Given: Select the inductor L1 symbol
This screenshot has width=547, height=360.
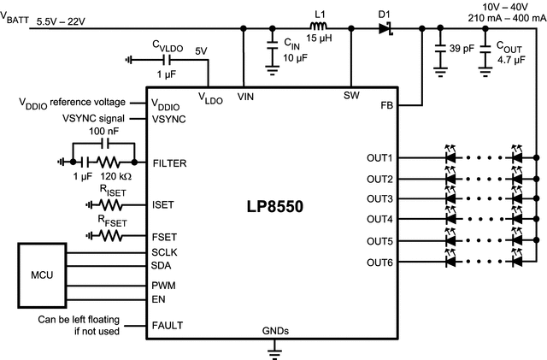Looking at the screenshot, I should click(x=321, y=28).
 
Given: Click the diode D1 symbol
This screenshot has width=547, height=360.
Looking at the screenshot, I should click(x=385, y=28).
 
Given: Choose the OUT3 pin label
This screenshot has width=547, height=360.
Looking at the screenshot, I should click(x=379, y=199).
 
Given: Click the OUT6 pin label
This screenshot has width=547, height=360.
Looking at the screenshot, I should click(x=379, y=261).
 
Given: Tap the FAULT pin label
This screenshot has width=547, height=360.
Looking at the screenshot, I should click(x=168, y=326).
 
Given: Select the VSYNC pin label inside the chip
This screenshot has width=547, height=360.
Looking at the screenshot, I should click(x=171, y=119).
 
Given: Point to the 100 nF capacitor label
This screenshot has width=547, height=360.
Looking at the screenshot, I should click(x=103, y=131).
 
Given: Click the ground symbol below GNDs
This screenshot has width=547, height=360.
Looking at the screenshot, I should click(x=273, y=349).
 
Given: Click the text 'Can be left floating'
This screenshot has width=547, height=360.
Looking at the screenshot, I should click(x=72, y=321).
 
